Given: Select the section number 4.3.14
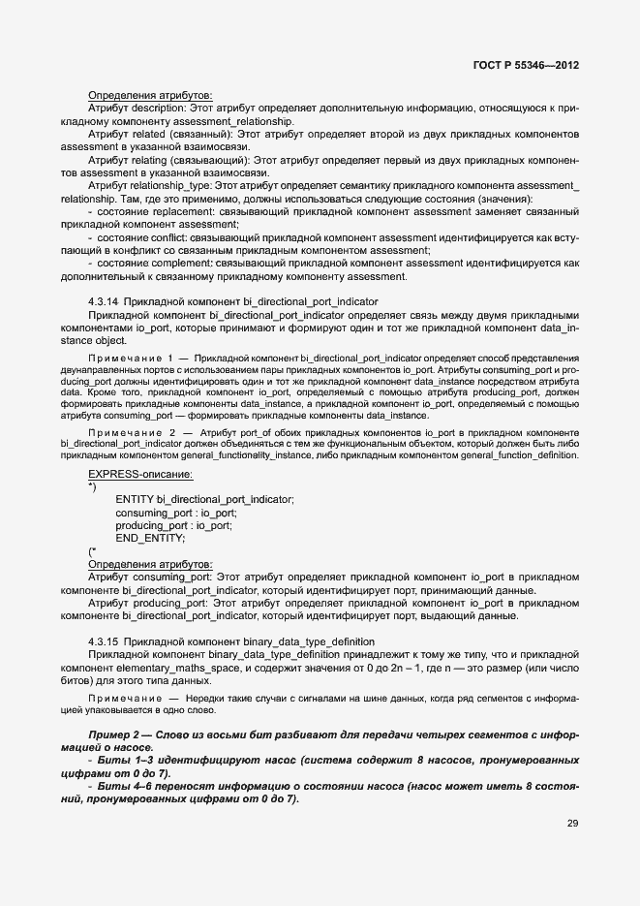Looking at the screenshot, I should [x=103, y=302].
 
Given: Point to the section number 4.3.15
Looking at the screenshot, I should [x=103, y=642].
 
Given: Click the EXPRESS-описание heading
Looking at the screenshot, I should [x=140, y=474].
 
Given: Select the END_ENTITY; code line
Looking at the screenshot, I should [x=150, y=538].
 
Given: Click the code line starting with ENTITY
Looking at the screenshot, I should [x=204, y=499].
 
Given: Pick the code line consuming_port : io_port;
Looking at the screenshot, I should [x=175, y=513].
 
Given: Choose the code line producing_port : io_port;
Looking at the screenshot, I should [x=173, y=525].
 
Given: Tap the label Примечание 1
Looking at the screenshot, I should [x=132, y=358].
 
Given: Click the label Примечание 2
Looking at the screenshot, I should [x=132, y=431].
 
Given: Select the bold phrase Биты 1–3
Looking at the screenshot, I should [x=140, y=760].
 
